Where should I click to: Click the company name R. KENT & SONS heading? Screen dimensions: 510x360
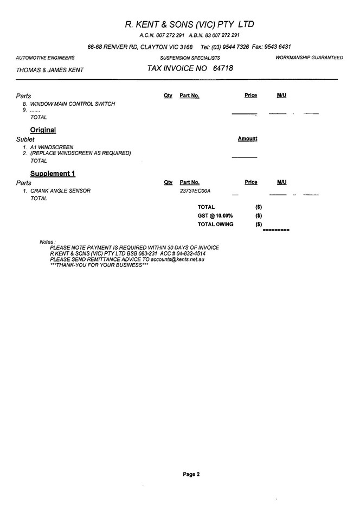coord(189,24)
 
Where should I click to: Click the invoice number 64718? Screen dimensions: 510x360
coord(223,69)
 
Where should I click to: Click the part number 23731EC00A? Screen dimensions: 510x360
coord(195,191)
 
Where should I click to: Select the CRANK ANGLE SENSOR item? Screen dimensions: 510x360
coord(60,191)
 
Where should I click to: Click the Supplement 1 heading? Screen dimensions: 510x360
coord(53,174)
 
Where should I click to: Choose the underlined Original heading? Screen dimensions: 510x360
coord(43,130)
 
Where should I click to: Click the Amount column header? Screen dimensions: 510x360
coord(247,139)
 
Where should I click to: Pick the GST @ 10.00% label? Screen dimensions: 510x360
coord(215,216)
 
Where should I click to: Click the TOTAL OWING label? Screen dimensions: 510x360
coord(215,225)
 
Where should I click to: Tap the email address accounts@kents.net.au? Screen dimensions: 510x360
coord(177,260)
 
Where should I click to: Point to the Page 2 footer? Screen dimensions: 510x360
coord(191,474)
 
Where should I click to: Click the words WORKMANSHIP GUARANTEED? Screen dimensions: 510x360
coord(309,58)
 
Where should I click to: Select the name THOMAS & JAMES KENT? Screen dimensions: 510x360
coord(50,70)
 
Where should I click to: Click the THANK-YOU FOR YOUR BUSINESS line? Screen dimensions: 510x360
coord(99,266)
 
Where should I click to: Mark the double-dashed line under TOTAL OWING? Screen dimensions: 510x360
coord(276,231)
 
